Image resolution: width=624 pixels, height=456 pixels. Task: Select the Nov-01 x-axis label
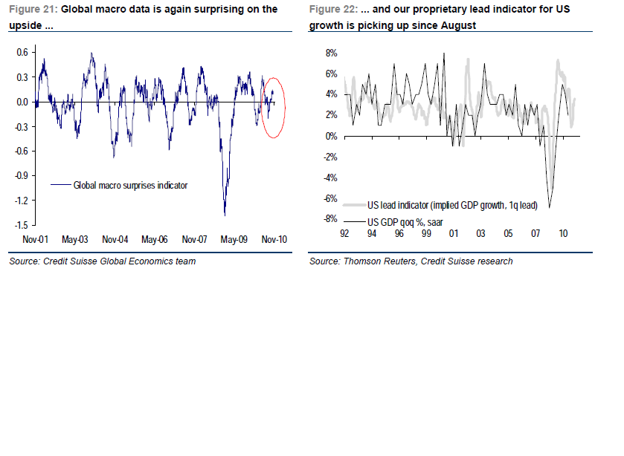[x=36, y=240]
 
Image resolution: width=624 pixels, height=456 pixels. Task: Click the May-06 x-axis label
[x=155, y=240]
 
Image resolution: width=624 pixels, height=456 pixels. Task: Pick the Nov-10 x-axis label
[x=273, y=240]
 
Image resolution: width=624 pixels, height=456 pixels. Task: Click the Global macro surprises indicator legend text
[x=130, y=185]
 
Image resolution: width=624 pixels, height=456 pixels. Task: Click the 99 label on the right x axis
[x=427, y=232]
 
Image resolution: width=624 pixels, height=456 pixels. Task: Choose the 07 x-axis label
[x=535, y=232]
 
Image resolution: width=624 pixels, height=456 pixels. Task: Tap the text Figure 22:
[x=333, y=10]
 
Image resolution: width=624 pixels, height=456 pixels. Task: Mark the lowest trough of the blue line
[x=225, y=215]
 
